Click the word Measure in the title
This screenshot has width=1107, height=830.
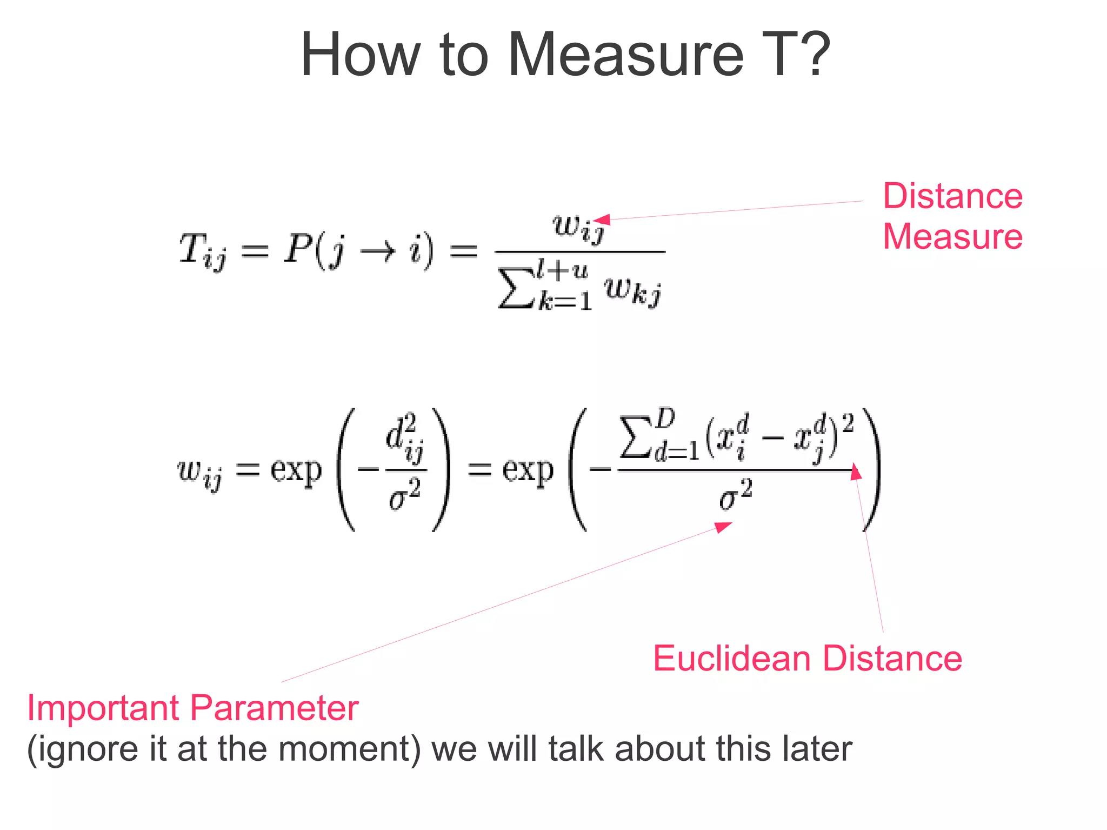click(626, 55)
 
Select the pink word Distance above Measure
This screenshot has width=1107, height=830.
click(952, 196)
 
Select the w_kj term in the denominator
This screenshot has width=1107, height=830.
click(633, 292)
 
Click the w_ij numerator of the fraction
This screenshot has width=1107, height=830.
click(577, 228)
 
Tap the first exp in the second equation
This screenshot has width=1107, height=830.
click(296, 470)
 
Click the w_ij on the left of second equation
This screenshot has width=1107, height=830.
click(199, 473)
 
